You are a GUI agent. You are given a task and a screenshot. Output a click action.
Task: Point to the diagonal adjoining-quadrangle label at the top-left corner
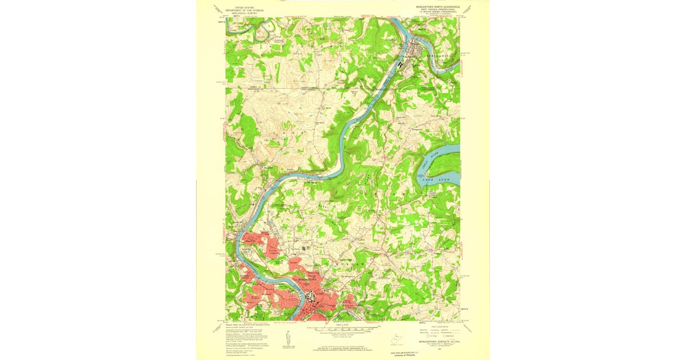218,9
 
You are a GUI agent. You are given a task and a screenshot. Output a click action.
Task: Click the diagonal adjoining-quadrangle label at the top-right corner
468,9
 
